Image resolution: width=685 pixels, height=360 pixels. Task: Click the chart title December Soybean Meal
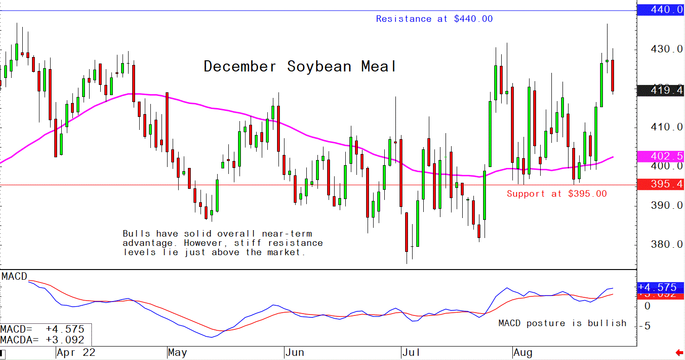(300, 67)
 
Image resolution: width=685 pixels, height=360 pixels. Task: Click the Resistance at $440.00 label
(434, 19)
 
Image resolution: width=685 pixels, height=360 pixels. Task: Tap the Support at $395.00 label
(556, 194)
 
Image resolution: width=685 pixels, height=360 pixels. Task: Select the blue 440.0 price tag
(661, 10)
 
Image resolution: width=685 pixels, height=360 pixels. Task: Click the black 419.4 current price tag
(661, 91)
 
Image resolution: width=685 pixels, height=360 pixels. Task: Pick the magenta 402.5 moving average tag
(661, 156)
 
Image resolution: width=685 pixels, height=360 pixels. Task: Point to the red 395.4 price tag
(661, 185)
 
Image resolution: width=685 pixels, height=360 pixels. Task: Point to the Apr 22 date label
(76, 353)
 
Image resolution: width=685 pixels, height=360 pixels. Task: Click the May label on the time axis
(177, 353)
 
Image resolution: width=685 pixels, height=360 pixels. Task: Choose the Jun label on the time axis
(294, 353)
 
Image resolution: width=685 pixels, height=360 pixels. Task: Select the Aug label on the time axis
(523, 353)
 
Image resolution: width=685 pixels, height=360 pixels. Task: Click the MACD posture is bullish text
(562, 323)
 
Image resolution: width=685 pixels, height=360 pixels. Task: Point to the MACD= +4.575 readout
(43, 329)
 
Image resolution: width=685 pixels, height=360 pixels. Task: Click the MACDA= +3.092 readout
(43, 340)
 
